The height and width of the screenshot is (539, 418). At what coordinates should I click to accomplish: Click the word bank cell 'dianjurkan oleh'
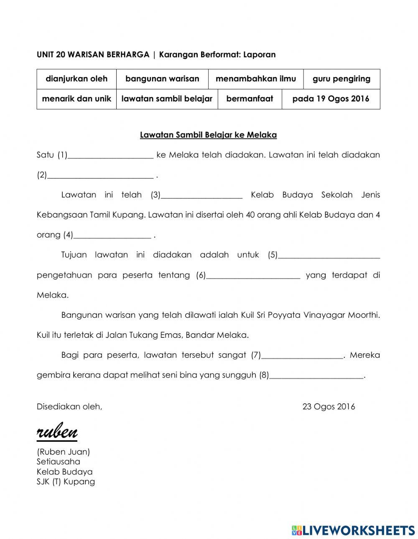click(x=76, y=79)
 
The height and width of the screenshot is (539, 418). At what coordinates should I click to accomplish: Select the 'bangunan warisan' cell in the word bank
click(x=162, y=79)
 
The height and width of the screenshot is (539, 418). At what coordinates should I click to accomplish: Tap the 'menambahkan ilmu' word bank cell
click(x=256, y=79)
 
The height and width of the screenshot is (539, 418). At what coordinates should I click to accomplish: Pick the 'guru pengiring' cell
click(x=342, y=79)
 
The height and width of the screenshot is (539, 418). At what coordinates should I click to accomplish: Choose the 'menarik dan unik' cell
click(x=76, y=99)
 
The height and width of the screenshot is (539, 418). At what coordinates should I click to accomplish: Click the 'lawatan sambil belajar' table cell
click(x=167, y=99)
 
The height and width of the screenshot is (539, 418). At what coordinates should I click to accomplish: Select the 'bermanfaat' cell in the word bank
click(x=250, y=99)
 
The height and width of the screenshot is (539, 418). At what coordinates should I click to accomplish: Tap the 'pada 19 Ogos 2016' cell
click(x=331, y=99)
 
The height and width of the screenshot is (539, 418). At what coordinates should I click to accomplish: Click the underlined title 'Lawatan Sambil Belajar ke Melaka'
click(x=208, y=135)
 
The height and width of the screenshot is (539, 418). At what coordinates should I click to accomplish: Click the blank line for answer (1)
click(x=111, y=155)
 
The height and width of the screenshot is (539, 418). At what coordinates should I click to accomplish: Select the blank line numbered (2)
click(x=100, y=175)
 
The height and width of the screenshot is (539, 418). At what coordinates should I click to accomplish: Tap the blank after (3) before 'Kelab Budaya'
click(x=201, y=195)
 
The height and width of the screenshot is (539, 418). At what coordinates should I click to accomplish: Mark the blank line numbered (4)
click(x=112, y=235)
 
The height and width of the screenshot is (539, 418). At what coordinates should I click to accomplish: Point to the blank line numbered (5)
click(x=329, y=256)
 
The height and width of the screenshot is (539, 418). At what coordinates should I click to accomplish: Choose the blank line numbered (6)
click(x=253, y=276)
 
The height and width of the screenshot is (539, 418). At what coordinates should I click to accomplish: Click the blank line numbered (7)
click(x=302, y=356)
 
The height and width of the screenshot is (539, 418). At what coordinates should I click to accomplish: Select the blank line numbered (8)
click(x=316, y=376)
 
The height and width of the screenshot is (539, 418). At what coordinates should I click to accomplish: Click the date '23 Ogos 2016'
click(x=329, y=407)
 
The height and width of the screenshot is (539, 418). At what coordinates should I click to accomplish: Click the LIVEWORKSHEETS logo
click(x=353, y=530)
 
